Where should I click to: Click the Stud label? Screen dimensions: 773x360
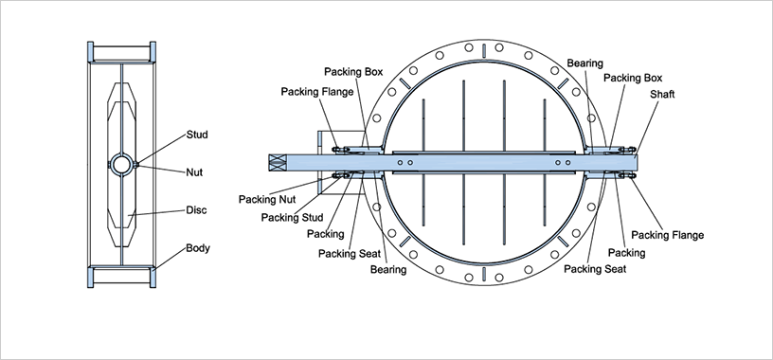point(197,135)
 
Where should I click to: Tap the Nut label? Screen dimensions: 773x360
point(194,172)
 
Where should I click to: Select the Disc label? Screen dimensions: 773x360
point(196,210)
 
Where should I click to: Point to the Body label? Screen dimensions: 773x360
point(198,247)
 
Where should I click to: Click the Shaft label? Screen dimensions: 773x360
point(662,94)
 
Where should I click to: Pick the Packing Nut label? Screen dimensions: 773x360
point(267,200)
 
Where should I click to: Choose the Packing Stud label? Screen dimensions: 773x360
point(293,218)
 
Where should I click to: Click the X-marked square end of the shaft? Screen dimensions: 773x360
point(278,163)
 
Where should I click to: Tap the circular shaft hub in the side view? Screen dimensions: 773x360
point(121,164)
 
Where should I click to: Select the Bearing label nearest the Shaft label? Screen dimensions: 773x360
point(584,63)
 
